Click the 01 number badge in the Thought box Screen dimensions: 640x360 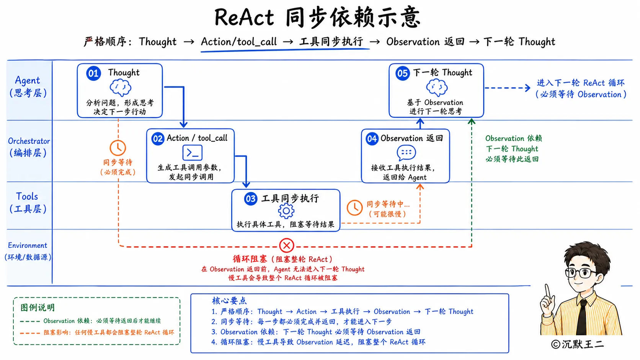point(93,73)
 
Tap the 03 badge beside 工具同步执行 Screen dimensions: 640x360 point(251,199)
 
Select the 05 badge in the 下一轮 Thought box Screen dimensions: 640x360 point(403,73)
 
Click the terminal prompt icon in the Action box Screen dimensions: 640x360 point(192,153)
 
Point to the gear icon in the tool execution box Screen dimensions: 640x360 point(286,211)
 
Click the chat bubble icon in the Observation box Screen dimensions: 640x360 point(406,153)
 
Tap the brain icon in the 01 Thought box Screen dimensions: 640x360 point(120,88)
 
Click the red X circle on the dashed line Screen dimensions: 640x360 point(287,245)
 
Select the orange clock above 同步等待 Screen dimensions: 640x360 point(118,148)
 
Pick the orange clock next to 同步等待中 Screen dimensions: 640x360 point(354,208)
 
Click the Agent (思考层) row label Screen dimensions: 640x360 point(28,86)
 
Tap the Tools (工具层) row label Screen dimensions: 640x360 point(28,203)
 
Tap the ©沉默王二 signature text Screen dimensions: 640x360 point(577,344)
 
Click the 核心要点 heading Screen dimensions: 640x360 point(229,300)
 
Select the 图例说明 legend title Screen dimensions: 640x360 point(38,308)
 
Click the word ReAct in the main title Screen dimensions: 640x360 point(244,18)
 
